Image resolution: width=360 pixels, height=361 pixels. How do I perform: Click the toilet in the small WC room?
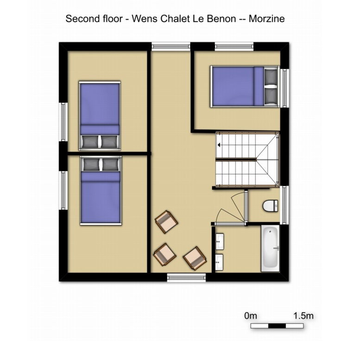[270, 206]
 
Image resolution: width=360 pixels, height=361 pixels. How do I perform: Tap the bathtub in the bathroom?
[270, 248]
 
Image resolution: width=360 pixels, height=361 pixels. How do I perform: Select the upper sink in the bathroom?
[219, 241]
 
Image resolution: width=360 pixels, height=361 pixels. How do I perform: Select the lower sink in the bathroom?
[219, 262]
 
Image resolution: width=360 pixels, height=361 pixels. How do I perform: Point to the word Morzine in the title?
[266, 19]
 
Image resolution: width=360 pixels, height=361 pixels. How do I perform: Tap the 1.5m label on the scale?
[303, 316]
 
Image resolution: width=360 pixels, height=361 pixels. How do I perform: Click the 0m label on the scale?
[251, 316]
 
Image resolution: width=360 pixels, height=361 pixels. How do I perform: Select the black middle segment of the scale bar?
[277, 326]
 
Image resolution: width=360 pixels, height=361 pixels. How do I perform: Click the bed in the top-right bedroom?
[245, 87]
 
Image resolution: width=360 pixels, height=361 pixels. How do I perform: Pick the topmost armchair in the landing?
[166, 222]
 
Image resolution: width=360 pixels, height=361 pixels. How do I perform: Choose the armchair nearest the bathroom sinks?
[195, 258]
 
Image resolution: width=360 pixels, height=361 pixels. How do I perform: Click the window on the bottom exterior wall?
[186, 278]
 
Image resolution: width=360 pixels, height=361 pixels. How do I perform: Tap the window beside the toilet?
[284, 205]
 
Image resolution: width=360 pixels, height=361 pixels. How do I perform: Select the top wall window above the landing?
[171, 46]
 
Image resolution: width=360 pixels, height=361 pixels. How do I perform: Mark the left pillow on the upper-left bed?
[90, 142]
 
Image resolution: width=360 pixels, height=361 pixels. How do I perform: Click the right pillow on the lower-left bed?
[110, 165]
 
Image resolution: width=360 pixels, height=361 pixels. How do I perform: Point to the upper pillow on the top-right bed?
[271, 76]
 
